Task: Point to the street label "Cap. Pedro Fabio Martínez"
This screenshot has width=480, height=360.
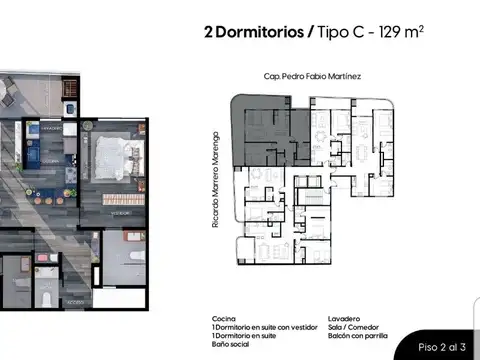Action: [312, 76]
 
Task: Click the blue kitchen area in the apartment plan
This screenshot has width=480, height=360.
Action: [42, 156]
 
